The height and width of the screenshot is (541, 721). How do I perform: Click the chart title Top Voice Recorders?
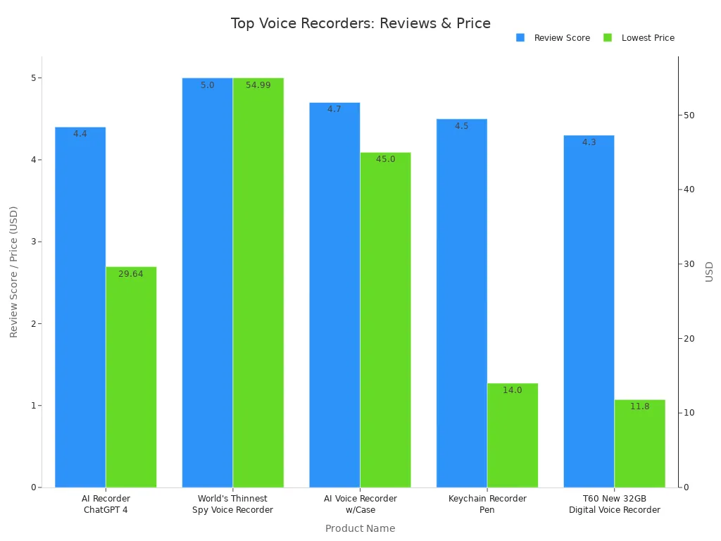pos(360,23)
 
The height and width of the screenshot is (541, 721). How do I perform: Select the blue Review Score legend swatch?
pos(520,38)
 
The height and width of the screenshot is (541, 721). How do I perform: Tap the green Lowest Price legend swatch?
pos(608,38)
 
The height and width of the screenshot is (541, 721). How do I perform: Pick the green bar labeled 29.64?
pos(131,377)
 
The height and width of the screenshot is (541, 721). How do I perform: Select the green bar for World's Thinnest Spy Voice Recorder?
pos(258,282)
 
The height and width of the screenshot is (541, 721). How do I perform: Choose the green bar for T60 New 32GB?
pos(639,444)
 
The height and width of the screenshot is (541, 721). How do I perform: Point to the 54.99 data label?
pos(258,85)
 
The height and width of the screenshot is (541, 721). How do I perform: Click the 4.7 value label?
pos(334,109)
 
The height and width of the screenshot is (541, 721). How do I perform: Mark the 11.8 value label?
pos(639,406)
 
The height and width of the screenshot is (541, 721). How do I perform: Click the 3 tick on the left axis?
pos(33,242)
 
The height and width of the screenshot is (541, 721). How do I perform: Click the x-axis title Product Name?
pos(360,528)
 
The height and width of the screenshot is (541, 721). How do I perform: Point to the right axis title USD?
pos(709,272)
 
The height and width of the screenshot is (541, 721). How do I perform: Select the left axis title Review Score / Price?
pos(13,272)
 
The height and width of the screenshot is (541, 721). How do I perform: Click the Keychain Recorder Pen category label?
pos(487,504)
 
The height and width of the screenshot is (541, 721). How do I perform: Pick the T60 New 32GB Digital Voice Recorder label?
pos(615,504)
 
